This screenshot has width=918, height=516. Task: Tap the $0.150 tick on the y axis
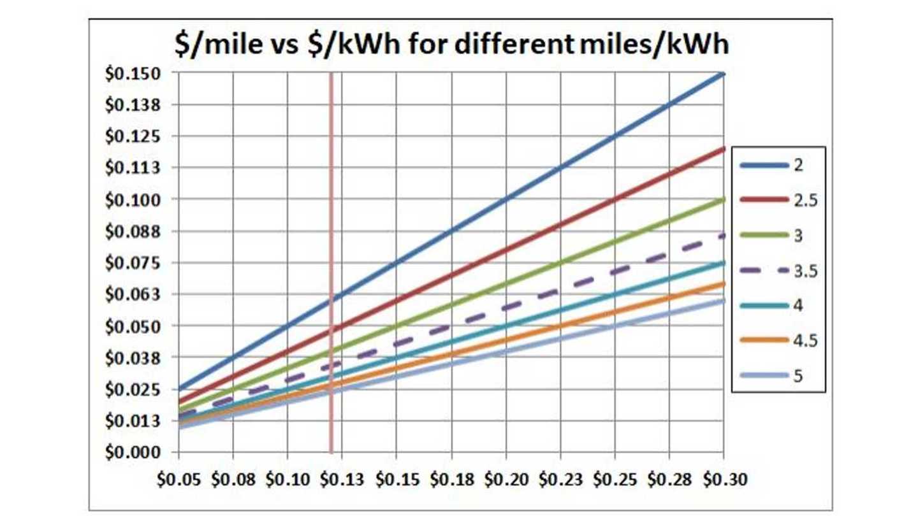[136, 73]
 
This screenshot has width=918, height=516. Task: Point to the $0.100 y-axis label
[136, 199]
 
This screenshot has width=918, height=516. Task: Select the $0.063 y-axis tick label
[136, 294]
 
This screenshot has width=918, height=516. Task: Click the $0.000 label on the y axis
[136, 452]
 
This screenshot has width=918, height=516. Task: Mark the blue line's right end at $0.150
[723, 74]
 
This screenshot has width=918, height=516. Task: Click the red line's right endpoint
[723, 149]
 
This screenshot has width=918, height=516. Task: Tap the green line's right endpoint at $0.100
[723, 199]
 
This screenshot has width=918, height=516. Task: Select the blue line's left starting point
[179, 389]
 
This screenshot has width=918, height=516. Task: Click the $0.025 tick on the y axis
[136, 389]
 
